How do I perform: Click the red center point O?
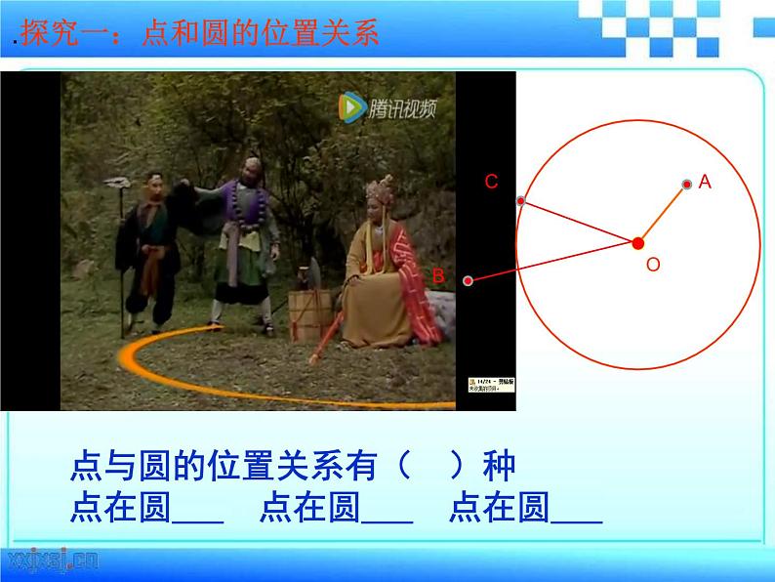coord(637,242)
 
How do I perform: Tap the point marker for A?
coord(687,184)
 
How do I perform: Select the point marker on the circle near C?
coord(521,201)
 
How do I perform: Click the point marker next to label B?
coord(469,281)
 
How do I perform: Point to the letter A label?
coord(706,182)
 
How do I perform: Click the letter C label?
coord(491,182)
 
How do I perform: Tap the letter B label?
coord(438,276)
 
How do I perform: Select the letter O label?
coord(653,265)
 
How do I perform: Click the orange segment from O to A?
coord(663,212)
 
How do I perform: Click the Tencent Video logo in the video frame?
coord(387,106)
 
